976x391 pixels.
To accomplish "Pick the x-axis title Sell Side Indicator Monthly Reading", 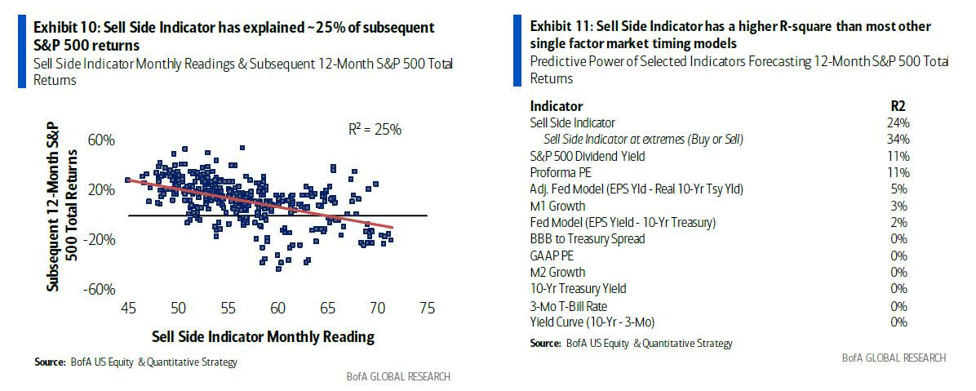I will [x=263, y=336].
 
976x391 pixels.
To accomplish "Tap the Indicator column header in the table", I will [x=557, y=106].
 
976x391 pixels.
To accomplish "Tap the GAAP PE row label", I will [x=551, y=255].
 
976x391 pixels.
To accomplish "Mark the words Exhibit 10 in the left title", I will [x=64, y=28].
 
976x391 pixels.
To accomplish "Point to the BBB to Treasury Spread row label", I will [x=588, y=238].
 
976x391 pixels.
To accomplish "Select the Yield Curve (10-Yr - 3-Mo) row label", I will [x=592, y=322].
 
